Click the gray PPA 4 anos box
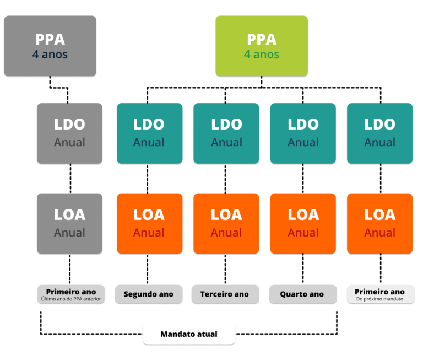pyautogui.click(x=50, y=46)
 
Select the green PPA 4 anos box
pyautogui.click(x=262, y=46)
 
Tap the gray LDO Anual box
pyautogui.click(x=69, y=133)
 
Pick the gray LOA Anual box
pyautogui.click(x=69, y=223)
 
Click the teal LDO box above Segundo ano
pyautogui.click(x=149, y=133)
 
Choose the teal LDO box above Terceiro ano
pyautogui.click(x=226, y=133)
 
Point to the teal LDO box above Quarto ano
pyautogui.click(x=303, y=133)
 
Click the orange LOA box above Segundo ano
pyautogui.click(x=149, y=223)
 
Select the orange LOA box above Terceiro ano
pyautogui.click(x=226, y=223)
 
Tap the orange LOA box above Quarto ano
pyautogui.click(x=303, y=223)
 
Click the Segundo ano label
pyautogui.click(x=148, y=294)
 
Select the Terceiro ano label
pyautogui.click(x=225, y=294)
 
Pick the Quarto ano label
pyautogui.click(x=302, y=294)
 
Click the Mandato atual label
pyautogui.click(x=189, y=334)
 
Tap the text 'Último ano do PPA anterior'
pyautogui.click(x=70, y=299)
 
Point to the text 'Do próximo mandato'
pyautogui.click(x=379, y=299)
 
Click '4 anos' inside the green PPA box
pyautogui.click(x=262, y=55)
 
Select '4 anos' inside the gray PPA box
pyautogui.click(x=50, y=55)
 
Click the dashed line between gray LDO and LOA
pyautogui.click(x=70, y=178)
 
